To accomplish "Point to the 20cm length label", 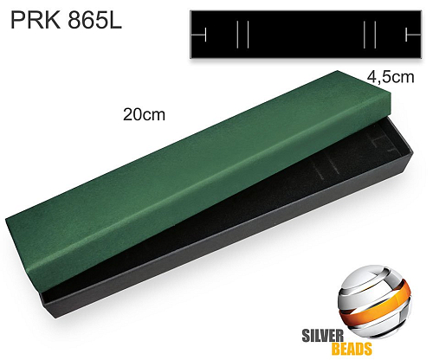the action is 145,114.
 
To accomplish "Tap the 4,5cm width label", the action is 391,77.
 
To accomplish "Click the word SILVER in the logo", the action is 323,336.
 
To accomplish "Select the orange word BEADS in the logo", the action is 352,349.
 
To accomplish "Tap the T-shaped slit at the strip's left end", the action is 199,35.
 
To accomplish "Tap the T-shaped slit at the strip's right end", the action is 412,35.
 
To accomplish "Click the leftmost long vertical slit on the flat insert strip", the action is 237,35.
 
